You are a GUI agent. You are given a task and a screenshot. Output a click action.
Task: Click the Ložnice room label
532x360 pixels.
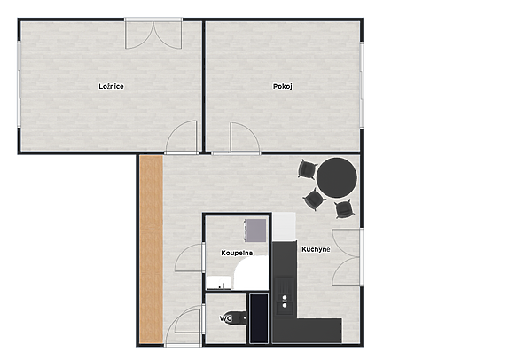(111, 86)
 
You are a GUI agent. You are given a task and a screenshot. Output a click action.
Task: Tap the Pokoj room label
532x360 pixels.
(282, 86)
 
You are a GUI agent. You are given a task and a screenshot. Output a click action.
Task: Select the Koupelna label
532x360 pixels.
(237, 253)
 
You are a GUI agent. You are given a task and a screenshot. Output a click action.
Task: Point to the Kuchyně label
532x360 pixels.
(316, 249)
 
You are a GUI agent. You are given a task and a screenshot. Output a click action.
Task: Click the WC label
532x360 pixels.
(225, 318)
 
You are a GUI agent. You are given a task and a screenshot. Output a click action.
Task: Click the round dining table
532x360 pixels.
(337, 177)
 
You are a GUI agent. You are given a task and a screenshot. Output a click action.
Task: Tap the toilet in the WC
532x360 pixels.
(239, 318)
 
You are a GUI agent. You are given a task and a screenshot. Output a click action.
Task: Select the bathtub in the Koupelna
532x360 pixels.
(252, 273)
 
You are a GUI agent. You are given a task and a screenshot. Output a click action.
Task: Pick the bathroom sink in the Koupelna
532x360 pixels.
(218, 283)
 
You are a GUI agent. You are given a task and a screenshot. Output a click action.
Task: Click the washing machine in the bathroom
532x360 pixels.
(255, 231)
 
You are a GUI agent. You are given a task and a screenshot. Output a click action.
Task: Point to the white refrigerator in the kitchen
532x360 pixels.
(285, 226)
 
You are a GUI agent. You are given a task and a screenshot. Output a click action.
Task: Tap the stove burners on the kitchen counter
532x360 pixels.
(285, 301)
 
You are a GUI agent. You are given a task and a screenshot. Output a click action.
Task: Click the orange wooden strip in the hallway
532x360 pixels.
(152, 249)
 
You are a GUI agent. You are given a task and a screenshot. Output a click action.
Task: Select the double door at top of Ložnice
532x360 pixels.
(153, 34)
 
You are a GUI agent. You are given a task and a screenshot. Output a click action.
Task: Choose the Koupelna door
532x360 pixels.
(189, 257)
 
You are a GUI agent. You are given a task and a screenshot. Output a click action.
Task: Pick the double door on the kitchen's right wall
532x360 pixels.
(347, 257)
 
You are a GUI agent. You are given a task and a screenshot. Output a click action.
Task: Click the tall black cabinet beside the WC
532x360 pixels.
(259, 318)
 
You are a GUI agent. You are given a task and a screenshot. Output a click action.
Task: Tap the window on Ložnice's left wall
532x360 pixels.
(19, 84)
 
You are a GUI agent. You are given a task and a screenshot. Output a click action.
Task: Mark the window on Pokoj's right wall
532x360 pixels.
(362, 85)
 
